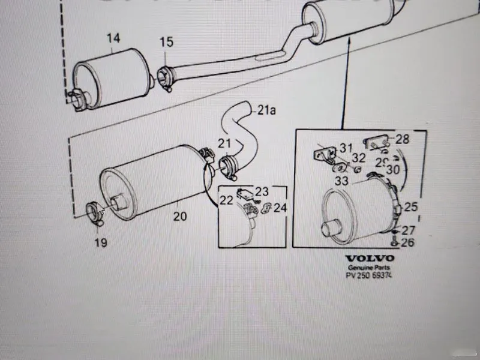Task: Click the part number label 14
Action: click(113, 38)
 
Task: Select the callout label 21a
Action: click(266, 110)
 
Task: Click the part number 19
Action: click(100, 242)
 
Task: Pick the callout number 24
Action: click(281, 208)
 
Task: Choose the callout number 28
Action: click(402, 139)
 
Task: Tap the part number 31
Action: click(347, 148)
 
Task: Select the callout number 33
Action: click(342, 179)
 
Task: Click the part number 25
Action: click(410, 208)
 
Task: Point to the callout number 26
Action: click(408, 243)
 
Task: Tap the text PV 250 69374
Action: click(370, 276)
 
